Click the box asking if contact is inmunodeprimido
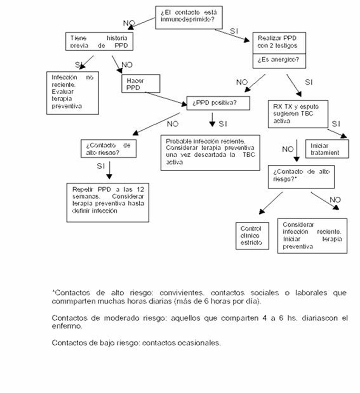tap(189, 17)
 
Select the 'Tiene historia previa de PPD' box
tap(99, 41)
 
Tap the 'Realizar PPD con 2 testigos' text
tap(277, 42)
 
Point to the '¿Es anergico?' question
tap(278, 59)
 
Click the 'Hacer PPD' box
tap(140, 84)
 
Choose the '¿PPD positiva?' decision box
tap(218, 103)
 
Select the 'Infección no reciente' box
tap(72, 93)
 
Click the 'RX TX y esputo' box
tap(298, 114)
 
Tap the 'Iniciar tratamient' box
tap(327, 149)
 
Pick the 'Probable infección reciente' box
tap(210, 152)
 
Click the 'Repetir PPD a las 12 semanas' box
tap(108, 202)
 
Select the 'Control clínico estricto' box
tap(252, 235)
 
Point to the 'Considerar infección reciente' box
tap(312, 236)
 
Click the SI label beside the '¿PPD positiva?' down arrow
tap(223, 124)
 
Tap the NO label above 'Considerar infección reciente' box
tap(335, 200)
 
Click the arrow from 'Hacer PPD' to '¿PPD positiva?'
tap(166, 98)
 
